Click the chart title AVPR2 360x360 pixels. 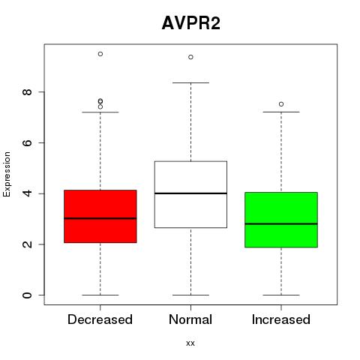point(191,23)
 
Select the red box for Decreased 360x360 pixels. point(100,216)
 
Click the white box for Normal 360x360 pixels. point(190,194)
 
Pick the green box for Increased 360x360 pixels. point(281,220)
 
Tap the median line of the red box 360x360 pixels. point(100,218)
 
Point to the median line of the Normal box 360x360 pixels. point(190,193)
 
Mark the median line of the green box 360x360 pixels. point(281,223)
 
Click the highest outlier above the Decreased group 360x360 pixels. point(100,54)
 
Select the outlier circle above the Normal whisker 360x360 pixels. point(190,57)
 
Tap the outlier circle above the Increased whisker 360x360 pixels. point(281,104)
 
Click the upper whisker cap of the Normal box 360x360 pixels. point(190,82)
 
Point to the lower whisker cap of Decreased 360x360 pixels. point(100,295)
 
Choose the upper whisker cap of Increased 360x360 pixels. point(281,112)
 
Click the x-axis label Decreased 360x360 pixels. point(100,319)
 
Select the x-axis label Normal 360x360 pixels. point(190,319)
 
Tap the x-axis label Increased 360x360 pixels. point(281,319)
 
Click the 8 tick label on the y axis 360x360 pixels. point(27,92)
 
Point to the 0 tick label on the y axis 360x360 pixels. point(27,295)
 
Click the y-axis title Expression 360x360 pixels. point(7,174)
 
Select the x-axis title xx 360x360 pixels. point(190,343)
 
